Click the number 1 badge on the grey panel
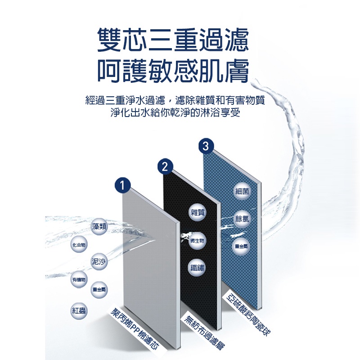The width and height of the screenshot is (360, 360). (x=122, y=185)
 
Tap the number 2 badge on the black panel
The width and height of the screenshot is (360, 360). (x=165, y=166)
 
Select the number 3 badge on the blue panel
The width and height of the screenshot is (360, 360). (x=206, y=146)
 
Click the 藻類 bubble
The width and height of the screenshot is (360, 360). (x=99, y=227)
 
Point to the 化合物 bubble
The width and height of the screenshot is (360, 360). (x=79, y=245)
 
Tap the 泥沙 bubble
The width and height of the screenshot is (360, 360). (x=99, y=261)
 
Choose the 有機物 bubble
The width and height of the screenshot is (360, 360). (x=79, y=279)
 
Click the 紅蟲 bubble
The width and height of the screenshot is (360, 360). (x=79, y=310)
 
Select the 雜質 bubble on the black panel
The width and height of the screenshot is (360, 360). (x=197, y=212)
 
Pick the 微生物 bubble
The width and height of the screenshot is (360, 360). (x=197, y=241)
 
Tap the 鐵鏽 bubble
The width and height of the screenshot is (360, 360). (x=197, y=268)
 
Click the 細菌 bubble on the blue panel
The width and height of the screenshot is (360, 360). (x=242, y=191)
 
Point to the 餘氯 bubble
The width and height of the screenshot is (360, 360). (x=242, y=219)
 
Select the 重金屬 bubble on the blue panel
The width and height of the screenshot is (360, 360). (x=241, y=247)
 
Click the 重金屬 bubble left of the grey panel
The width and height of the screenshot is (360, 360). (x=99, y=289)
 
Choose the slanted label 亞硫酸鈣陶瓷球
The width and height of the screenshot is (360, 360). (x=248, y=314)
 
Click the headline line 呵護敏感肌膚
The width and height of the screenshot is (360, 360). (x=173, y=70)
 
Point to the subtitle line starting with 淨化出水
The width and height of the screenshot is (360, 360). (x=175, y=113)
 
